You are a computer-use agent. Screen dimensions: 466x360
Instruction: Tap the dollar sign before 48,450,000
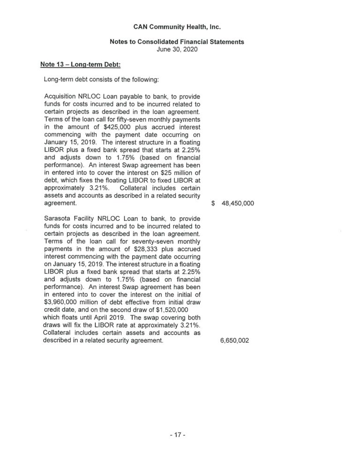pos(213,204)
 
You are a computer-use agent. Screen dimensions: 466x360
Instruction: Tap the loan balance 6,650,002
pos(234,341)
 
